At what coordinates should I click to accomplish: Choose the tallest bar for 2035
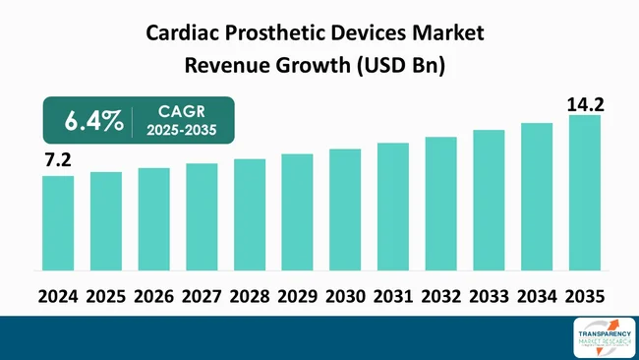pos(584,192)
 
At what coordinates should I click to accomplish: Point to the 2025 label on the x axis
pos(105,296)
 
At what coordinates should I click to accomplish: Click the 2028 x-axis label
pos(249,296)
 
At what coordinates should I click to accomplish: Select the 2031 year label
pos(392,296)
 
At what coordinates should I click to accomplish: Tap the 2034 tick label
pos(536,296)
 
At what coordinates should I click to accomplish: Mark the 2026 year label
pos(153,296)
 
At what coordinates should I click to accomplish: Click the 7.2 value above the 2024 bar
pos(58,158)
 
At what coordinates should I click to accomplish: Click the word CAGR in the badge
pos(184,112)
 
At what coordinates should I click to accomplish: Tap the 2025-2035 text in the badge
pos(184,131)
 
